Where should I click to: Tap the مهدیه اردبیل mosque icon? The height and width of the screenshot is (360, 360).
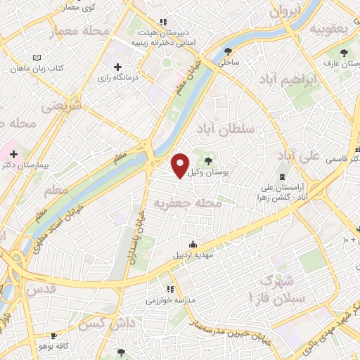click(x=193, y=243)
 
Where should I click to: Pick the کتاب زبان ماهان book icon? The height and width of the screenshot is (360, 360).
click(x=37, y=58)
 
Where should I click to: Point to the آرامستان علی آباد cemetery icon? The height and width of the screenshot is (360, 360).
click(x=282, y=176)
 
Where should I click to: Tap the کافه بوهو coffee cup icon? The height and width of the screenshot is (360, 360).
click(x=54, y=336)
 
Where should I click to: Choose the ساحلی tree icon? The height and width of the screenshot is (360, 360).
click(x=228, y=51)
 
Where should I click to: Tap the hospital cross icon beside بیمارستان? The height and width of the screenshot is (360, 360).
click(x=14, y=153)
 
